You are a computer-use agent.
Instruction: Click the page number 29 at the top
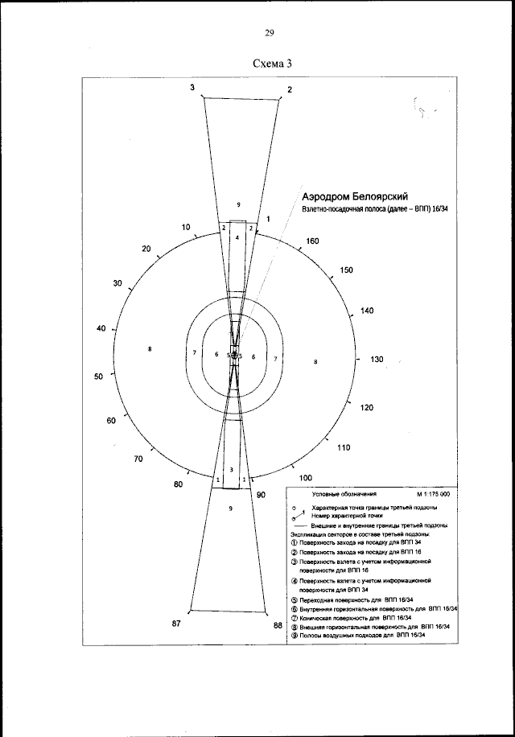(269, 33)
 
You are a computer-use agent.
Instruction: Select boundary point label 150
(347, 270)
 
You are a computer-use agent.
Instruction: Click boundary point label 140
(367, 311)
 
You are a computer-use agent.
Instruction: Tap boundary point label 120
(366, 408)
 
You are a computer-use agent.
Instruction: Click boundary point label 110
(344, 447)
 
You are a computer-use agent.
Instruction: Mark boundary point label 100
(306, 478)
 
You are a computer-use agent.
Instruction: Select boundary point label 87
(178, 624)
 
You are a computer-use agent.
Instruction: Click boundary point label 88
(278, 624)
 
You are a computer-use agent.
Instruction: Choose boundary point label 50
(99, 377)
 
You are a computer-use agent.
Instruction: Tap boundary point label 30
(117, 284)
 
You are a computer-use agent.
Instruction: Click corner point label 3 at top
(192, 87)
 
